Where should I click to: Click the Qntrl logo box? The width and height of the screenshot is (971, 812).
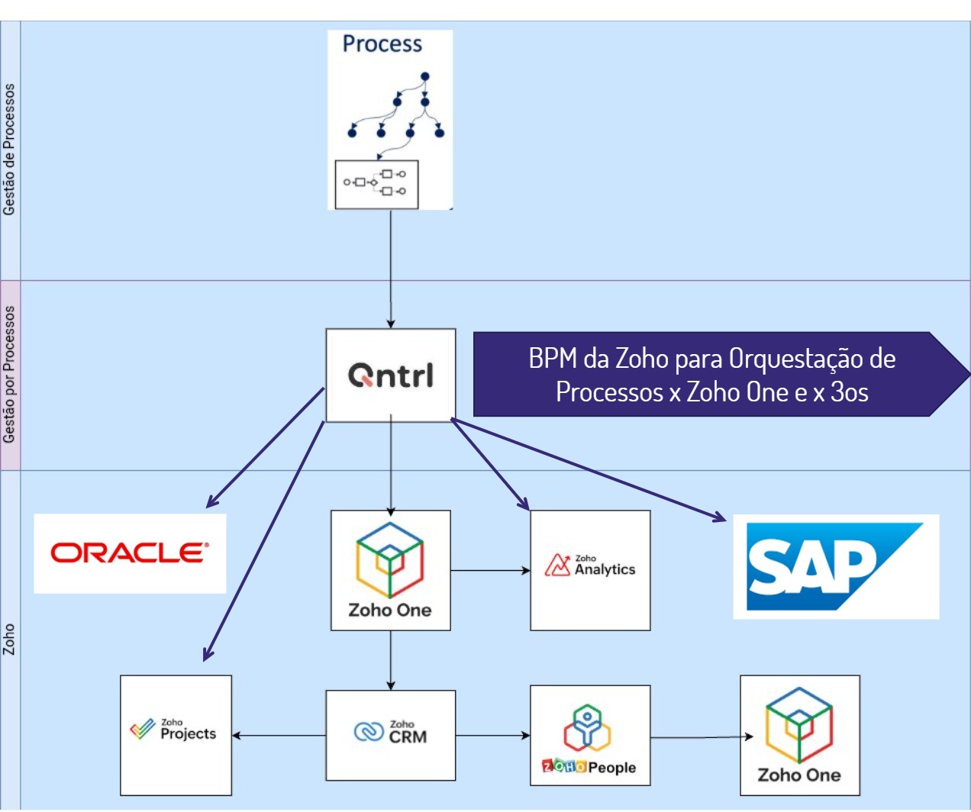pos(391,375)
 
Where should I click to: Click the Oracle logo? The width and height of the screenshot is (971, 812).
pos(130,553)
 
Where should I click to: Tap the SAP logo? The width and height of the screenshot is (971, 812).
pos(836,566)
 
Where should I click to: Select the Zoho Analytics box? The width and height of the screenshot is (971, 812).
pos(590,570)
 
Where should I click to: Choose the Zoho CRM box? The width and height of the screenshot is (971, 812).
pos(391,735)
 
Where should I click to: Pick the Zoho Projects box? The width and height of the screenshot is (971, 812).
pos(176,735)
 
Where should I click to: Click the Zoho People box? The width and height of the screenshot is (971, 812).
pos(590,735)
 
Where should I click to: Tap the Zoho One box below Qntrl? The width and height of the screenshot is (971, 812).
pos(391,570)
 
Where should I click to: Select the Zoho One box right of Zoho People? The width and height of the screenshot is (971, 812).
pos(800,735)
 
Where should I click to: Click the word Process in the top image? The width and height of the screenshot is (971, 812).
pos(382,43)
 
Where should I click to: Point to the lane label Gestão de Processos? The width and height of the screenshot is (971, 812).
pos(9,150)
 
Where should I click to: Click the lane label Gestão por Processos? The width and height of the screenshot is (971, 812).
pos(9,375)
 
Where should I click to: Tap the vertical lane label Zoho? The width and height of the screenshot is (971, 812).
pos(9,640)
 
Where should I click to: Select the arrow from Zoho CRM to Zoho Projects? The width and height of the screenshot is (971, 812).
pos(279,735)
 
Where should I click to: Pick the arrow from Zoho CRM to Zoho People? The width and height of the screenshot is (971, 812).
pos(493,735)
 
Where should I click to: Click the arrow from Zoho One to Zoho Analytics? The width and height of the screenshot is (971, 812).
pos(491,570)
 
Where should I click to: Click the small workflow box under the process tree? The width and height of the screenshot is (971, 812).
pos(376,185)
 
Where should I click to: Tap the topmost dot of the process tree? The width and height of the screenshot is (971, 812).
pos(424,76)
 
